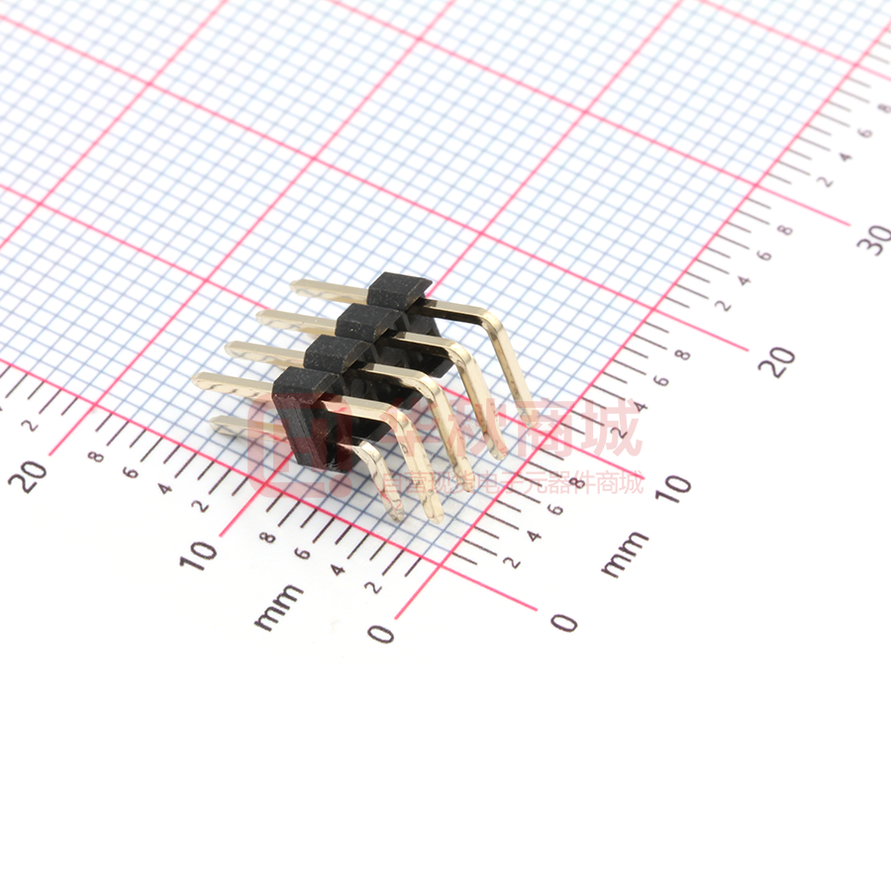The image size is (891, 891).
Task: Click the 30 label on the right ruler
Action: (875, 238)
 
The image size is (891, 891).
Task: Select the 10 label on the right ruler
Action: (672, 485)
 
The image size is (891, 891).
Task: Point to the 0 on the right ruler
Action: (563, 622)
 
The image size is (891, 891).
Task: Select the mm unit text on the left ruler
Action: (279, 606)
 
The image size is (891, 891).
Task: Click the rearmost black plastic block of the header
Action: (399, 290)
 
